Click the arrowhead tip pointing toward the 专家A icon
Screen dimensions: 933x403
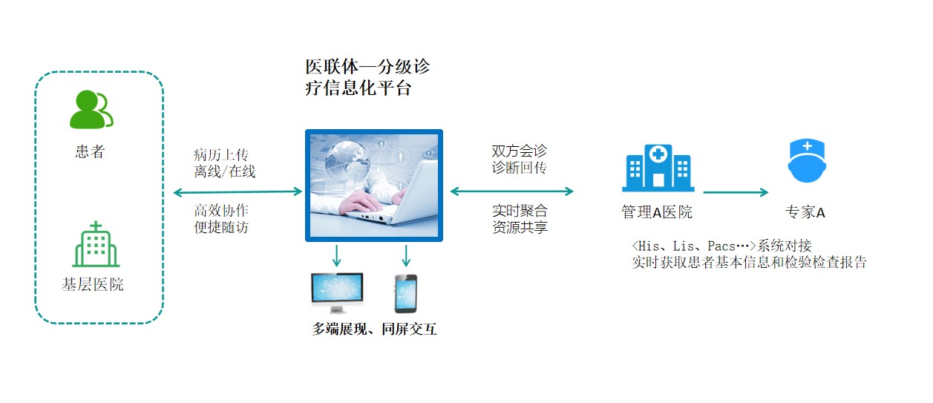[x=768, y=192]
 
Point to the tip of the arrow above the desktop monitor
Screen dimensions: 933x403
[x=336, y=266]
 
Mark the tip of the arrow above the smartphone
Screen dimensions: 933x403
[x=406, y=266]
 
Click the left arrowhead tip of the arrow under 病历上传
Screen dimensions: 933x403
[x=173, y=192]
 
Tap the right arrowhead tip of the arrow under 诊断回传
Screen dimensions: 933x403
[x=574, y=191]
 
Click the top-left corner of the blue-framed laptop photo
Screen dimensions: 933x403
[x=305, y=129]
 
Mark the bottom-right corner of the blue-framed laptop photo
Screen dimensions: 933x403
[x=443, y=242]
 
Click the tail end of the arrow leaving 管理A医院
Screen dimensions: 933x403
[x=704, y=192]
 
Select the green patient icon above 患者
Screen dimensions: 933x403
[x=91, y=109]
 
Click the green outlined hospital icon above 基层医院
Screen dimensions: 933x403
[x=96, y=244]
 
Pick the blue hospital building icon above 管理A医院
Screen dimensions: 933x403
[x=658, y=168]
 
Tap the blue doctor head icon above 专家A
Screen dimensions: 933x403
[x=807, y=161]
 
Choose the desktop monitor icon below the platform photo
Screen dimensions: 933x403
[x=338, y=293]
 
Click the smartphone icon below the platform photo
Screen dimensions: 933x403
[x=406, y=293]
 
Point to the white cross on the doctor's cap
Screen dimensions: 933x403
[x=808, y=146]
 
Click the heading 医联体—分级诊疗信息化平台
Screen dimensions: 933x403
[x=367, y=77]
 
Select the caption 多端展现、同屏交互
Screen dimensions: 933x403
[x=374, y=329]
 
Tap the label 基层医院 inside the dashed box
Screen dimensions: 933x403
[x=93, y=285]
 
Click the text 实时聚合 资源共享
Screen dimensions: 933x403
[x=520, y=219]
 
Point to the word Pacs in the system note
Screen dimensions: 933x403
[x=721, y=246]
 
